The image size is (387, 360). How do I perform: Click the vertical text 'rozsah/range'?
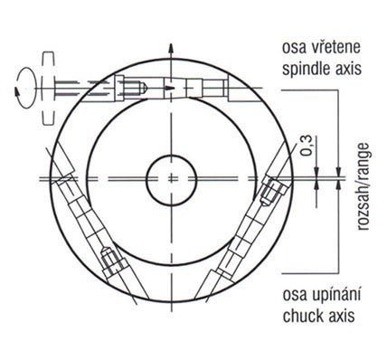pyautogui.click(x=363, y=187)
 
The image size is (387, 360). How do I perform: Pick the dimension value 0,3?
pyautogui.click(x=307, y=146)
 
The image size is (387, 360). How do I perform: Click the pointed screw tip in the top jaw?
pyautogui.click(x=144, y=88)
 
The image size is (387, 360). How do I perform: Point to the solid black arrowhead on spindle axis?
pyautogui.click(x=170, y=88)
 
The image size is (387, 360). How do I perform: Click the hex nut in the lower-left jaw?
pyautogui.click(x=111, y=262)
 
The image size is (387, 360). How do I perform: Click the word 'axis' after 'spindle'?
pyautogui.click(x=347, y=70)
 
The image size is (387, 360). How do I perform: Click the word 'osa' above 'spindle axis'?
pyautogui.click(x=292, y=48)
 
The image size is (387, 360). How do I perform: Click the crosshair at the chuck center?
pyautogui.click(x=171, y=179)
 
